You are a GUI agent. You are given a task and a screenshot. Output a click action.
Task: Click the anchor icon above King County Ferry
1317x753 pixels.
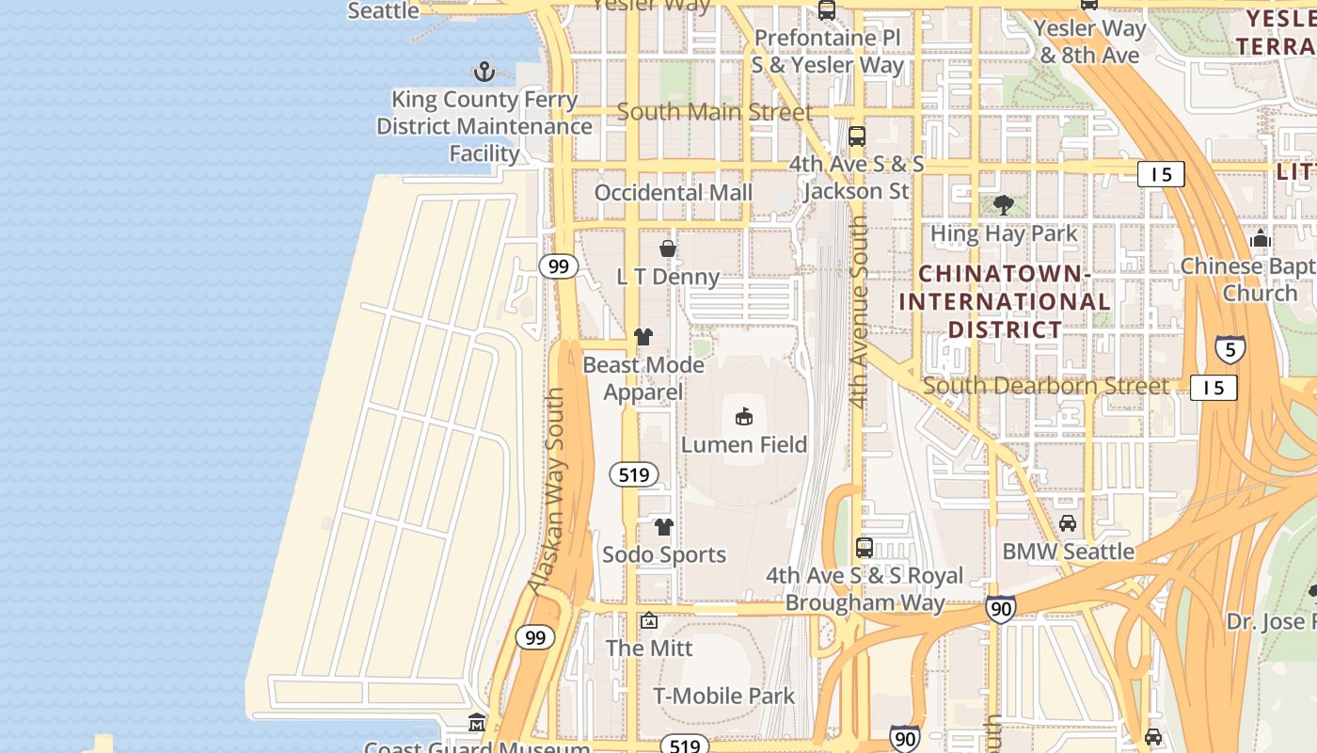(484, 72)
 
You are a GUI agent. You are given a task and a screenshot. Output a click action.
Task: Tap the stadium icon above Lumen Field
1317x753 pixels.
(744, 415)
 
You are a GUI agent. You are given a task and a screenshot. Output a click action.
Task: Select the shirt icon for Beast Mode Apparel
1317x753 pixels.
(643, 336)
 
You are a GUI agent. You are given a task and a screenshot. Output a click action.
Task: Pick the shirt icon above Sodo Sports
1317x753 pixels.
(664, 526)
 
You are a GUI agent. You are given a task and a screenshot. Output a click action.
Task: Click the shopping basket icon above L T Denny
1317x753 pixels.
(668, 248)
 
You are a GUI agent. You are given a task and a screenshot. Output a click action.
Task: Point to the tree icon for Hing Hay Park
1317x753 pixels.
(1004, 205)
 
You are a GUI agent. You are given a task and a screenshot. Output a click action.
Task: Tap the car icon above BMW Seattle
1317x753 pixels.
(1068, 523)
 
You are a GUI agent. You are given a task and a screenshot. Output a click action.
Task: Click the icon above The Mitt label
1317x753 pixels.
(649, 620)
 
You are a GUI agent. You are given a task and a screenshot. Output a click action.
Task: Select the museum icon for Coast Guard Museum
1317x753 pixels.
(477, 723)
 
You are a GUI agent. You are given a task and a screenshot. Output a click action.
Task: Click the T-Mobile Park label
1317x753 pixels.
(724, 696)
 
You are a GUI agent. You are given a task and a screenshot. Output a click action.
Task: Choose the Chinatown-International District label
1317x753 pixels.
(1005, 301)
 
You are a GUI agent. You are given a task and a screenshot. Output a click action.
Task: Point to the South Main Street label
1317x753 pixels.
(715, 112)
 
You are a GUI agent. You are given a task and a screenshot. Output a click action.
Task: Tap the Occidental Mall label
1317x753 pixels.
(674, 192)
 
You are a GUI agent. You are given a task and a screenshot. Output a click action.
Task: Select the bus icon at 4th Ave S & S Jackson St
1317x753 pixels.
(857, 136)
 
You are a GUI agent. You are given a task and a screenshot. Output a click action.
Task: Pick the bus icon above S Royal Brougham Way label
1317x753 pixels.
(865, 547)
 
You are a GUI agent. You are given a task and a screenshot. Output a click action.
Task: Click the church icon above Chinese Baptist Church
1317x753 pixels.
(1261, 238)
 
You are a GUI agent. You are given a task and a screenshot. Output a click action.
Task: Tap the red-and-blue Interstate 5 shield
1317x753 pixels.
(1230, 350)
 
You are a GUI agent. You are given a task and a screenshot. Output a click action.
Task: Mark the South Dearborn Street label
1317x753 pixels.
(1045, 386)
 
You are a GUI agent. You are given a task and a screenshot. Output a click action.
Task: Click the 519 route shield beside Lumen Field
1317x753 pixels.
(634, 474)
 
